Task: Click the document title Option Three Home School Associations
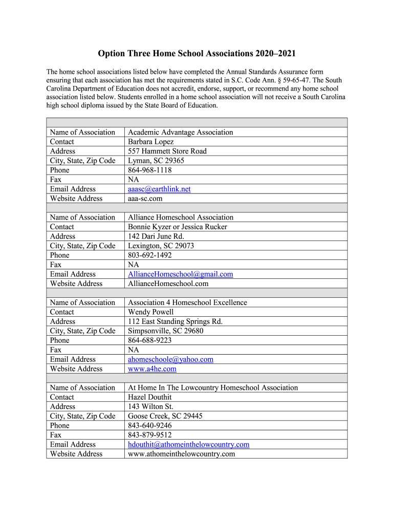tap(197, 54)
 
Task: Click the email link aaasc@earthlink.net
tap(159, 189)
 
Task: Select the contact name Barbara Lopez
tap(151, 142)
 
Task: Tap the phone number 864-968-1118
tap(150, 170)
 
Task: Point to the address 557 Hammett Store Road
tap(167, 151)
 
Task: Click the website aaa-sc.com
tap(145, 199)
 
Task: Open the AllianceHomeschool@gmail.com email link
tap(180, 274)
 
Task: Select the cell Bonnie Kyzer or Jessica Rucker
tap(178, 227)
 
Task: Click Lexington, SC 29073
tap(161, 246)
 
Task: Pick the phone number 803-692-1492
tap(150, 255)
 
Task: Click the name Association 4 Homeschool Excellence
tap(187, 302)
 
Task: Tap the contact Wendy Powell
tap(151, 312)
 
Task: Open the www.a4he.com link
tap(152, 369)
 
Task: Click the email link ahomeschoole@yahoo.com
tap(170, 359)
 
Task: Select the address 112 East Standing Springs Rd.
tap(176, 321)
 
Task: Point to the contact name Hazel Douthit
tap(150, 397)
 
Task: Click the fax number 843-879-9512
tap(150, 435)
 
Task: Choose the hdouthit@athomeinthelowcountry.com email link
tap(189, 444)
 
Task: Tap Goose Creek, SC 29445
tap(165, 416)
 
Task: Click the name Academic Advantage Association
tap(181, 132)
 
